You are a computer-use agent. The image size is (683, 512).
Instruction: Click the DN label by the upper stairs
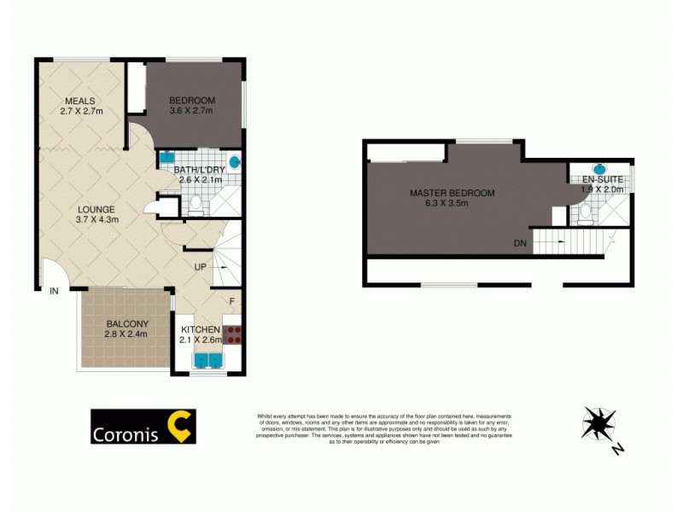tap(520, 243)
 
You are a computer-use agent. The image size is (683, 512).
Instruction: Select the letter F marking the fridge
tap(231, 300)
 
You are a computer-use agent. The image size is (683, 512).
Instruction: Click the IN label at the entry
tap(54, 292)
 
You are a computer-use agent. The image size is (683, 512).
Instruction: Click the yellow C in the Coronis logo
tap(181, 427)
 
